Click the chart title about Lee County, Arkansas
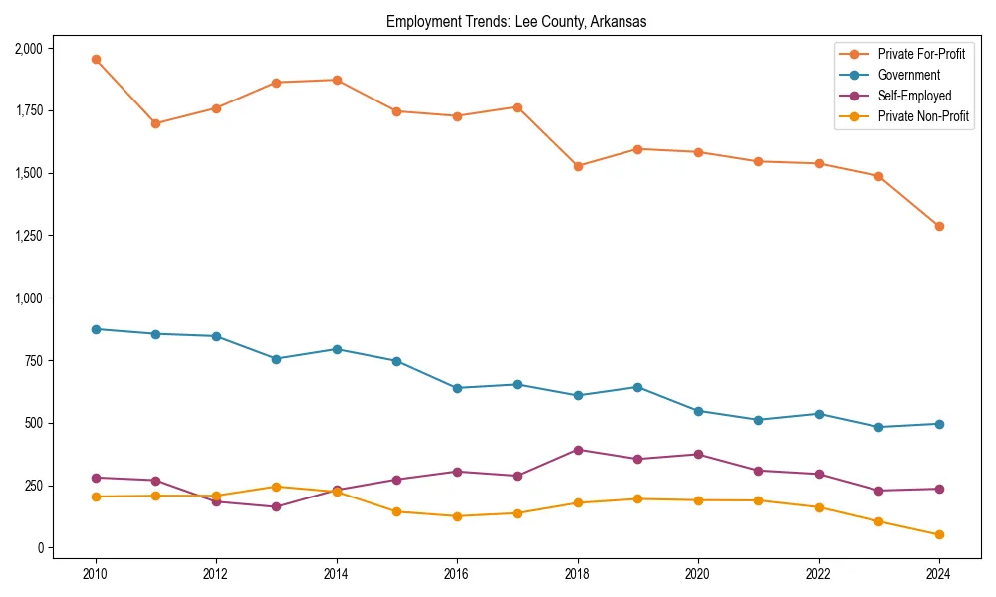[516, 22]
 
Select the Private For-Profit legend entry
[921, 54]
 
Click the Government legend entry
[908, 75]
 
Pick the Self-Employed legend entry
[914, 96]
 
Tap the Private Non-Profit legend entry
[923, 116]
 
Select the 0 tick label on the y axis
[40, 548]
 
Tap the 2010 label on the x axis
[96, 573]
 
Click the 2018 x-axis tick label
[577, 573]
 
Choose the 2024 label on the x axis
[938, 573]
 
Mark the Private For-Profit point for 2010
[96, 59]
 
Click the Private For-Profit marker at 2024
[938, 226]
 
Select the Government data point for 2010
[96, 329]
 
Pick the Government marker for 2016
[457, 388]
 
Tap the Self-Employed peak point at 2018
[577, 450]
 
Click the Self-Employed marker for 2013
[276, 506]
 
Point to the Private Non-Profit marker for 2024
[938, 535]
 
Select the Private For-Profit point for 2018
[577, 166]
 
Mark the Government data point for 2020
[697, 411]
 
